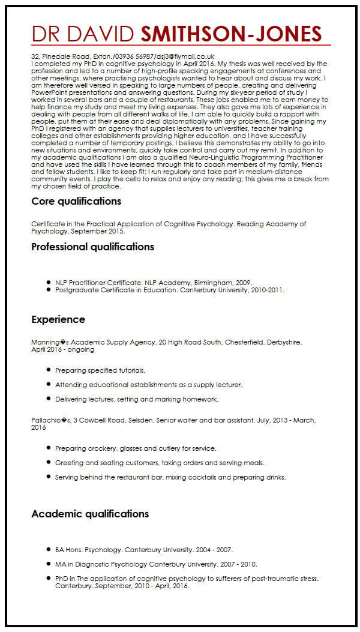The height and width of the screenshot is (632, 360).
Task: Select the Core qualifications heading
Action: tap(76, 201)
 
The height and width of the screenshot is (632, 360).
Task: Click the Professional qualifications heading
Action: tap(92, 247)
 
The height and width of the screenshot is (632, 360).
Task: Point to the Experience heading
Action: tap(58, 319)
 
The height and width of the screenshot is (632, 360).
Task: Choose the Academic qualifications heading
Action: tap(90, 514)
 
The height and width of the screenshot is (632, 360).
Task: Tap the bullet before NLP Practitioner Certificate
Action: tap(47, 281)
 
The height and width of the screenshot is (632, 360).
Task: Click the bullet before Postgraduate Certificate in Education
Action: tap(47, 289)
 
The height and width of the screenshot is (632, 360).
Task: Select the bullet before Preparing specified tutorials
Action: tap(47, 370)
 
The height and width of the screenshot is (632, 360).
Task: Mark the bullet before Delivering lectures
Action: tap(47, 399)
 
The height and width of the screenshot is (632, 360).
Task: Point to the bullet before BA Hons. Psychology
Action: tap(47, 549)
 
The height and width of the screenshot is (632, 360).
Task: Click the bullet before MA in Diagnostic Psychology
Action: tap(47, 564)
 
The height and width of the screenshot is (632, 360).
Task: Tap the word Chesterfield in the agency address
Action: tap(247, 342)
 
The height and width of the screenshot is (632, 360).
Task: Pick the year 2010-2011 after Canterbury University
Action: tap(268, 289)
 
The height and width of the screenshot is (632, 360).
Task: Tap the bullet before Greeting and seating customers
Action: tap(47, 463)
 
